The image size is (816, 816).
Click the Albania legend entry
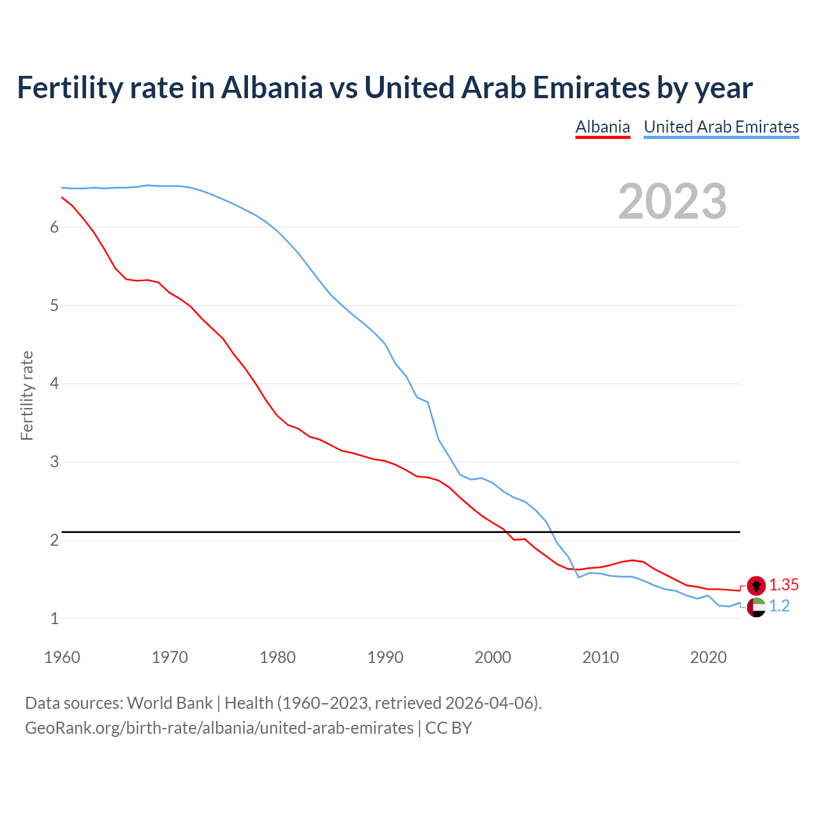tap(602, 127)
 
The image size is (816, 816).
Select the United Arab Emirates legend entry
tap(721, 127)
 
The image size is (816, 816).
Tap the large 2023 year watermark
tap(673, 201)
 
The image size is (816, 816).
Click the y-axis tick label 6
tap(54, 228)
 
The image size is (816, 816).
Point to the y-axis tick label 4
tap(54, 384)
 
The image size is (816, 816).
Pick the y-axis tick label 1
tap(54, 618)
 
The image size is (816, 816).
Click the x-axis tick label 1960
tap(62, 657)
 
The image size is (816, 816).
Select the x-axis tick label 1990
tap(385, 657)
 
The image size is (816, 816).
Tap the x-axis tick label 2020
tap(708, 657)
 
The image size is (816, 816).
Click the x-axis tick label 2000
tap(493, 657)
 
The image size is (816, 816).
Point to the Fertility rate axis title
tap(27, 395)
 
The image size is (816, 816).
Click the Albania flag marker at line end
tap(756, 585)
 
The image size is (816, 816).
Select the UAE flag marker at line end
tap(756, 607)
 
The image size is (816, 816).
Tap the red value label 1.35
tap(783, 585)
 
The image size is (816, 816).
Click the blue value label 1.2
tap(779, 606)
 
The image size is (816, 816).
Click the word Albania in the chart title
tap(272, 87)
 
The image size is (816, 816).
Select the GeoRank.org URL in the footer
tap(219, 728)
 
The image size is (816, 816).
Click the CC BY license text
tap(449, 728)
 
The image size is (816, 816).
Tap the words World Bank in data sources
tap(170, 703)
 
